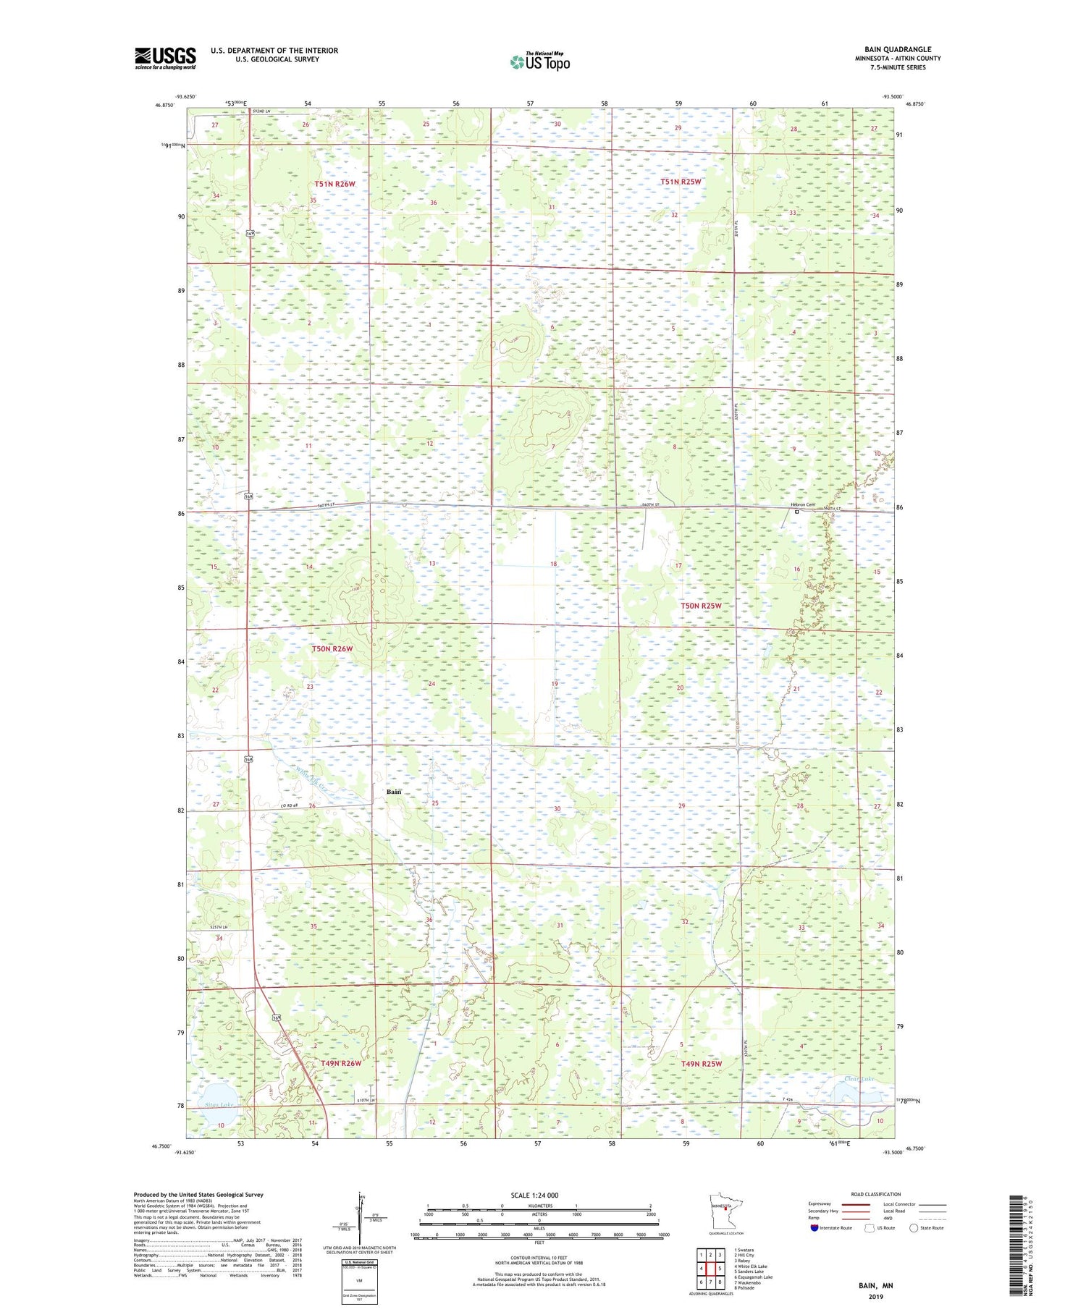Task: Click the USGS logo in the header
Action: tap(165, 58)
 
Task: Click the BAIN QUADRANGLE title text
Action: tap(897, 49)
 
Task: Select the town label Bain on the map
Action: tap(393, 792)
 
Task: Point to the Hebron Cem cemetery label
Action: tap(801, 505)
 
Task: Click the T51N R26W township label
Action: tap(334, 184)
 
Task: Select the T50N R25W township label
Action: tap(700, 605)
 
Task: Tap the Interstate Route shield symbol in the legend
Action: tap(814, 1228)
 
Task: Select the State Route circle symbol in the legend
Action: tap(914, 1228)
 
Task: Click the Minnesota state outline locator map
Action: tap(724, 1211)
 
